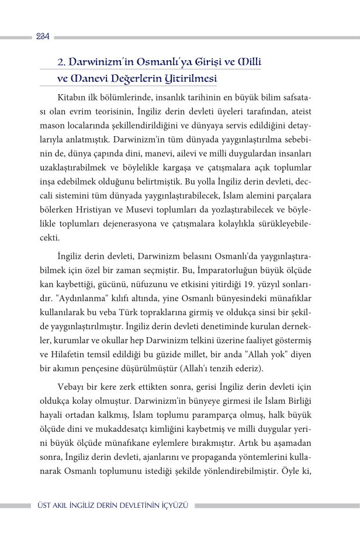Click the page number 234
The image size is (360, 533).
point(43,36)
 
